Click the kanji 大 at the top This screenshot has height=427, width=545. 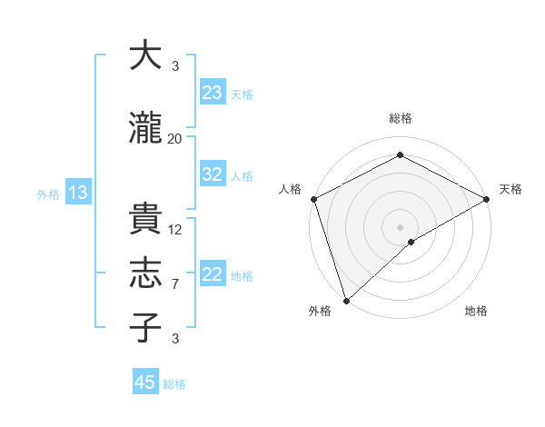point(145,56)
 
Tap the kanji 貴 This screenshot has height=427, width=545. point(145,219)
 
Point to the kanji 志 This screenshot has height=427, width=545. point(145,273)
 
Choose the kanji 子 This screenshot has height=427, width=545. point(145,327)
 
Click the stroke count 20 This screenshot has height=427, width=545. point(175,138)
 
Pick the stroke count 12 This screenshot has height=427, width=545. point(175,230)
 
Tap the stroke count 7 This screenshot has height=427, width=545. point(175,284)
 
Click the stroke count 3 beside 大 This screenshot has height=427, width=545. point(175,66)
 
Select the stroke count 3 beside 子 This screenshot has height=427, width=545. point(175,339)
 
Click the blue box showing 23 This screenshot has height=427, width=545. point(213,93)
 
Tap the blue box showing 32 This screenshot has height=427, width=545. point(213,175)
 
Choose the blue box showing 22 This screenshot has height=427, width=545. point(213,274)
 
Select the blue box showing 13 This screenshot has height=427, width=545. point(77,193)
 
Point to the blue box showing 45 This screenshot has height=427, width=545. point(145,382)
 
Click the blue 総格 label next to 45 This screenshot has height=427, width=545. point(174,384)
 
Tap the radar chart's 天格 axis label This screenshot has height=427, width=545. point(510,189)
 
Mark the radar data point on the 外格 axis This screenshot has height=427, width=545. point(345,300)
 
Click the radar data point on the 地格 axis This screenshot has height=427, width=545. point(411,242)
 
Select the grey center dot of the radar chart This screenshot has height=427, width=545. point(400,226)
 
